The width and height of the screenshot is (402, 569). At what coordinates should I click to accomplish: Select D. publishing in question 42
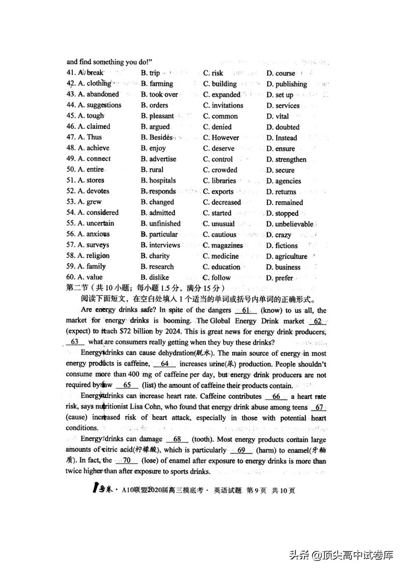click(x=286, y=84)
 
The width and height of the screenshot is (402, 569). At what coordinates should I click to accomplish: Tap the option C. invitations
click(x=223, y=105)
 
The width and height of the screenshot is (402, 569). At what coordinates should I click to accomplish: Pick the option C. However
click(x=221, y=137)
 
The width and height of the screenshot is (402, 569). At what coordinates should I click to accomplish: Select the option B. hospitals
click(x=158, y=180)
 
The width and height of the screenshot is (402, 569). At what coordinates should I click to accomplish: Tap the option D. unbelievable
click(x=289, y=224)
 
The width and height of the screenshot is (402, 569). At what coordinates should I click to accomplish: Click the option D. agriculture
click(x=286, y=256)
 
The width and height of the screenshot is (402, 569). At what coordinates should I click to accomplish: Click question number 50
click(x=71, y=170)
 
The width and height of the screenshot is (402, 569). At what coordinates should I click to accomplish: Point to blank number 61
click(x=246, y=310)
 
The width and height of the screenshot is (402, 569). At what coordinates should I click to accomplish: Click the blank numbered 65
click(x=127, y=385)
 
